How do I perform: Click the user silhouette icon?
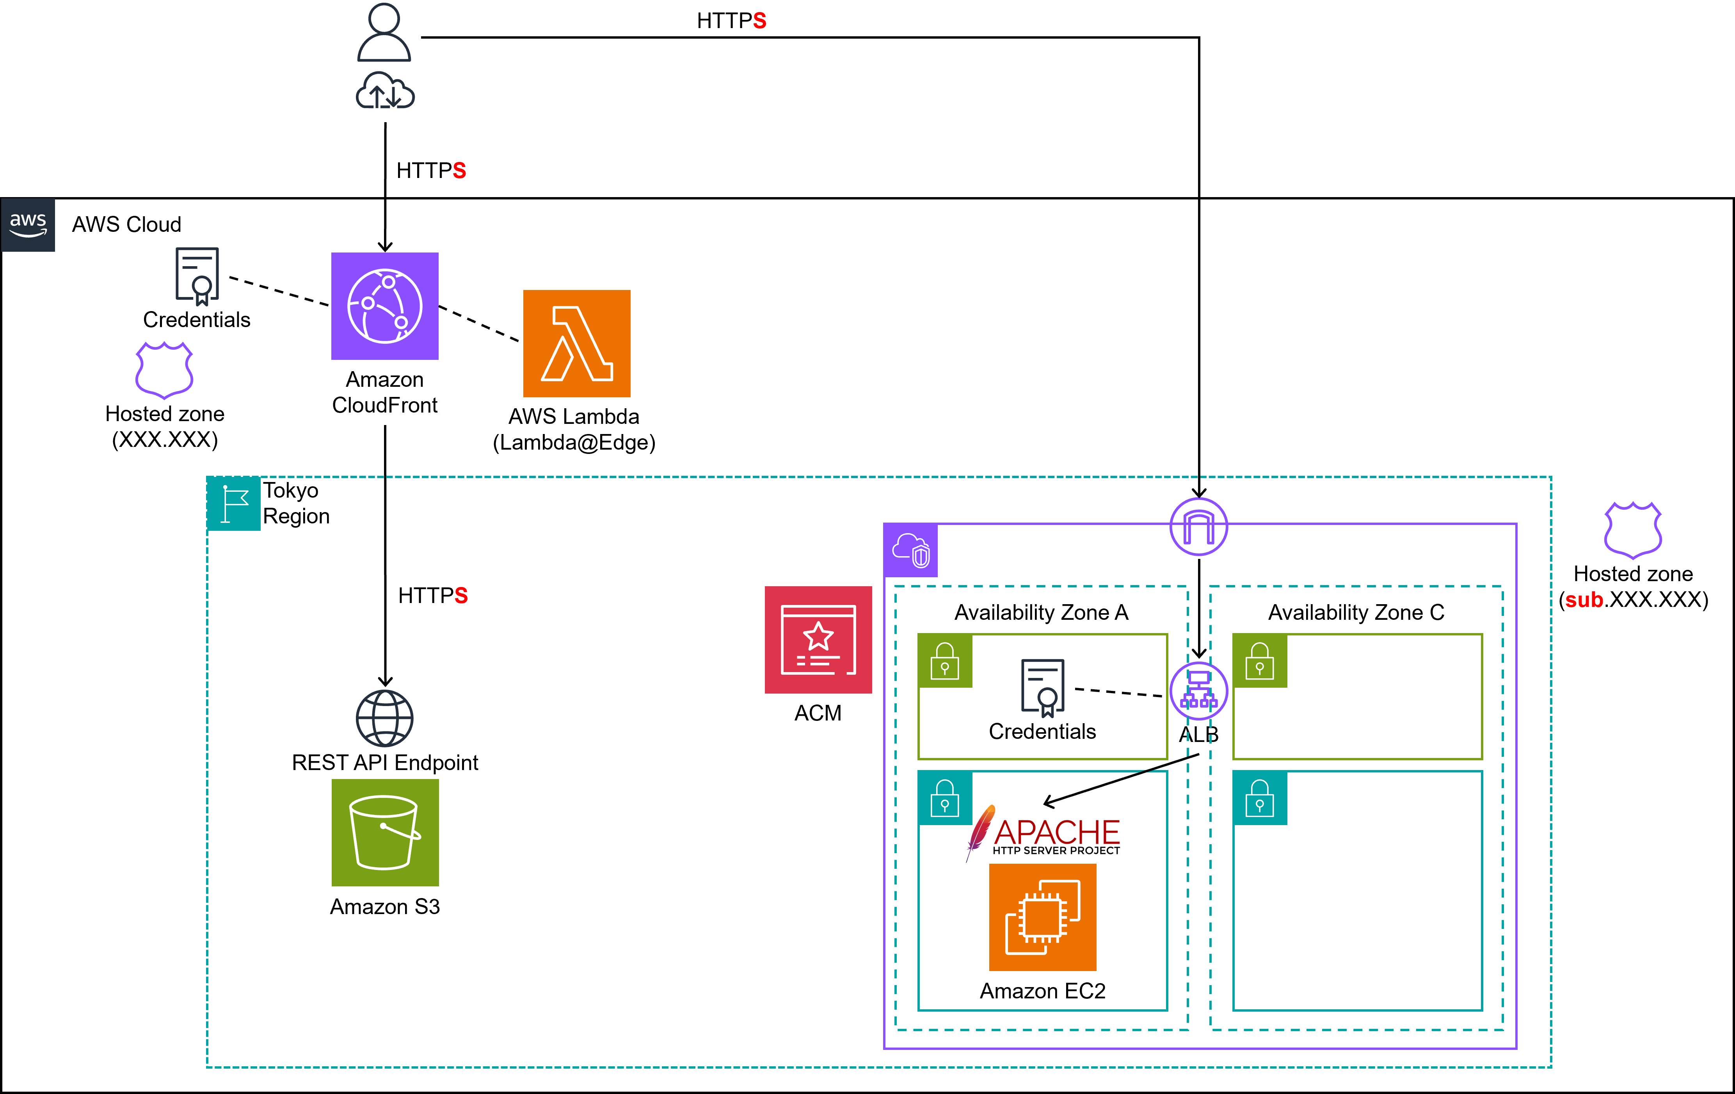pos(384,32)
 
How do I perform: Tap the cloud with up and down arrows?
pos(385,91)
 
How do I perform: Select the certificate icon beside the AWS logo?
pos(197,276)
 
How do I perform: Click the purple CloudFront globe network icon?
pos(385,306)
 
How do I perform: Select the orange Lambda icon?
pos(576,343)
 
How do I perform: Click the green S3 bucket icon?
pos(385,833)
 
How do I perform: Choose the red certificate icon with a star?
pos(818,639)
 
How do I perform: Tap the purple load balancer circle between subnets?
pos(1198,690)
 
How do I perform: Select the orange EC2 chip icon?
pos(1043,917)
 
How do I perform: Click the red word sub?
pos(1584,599)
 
